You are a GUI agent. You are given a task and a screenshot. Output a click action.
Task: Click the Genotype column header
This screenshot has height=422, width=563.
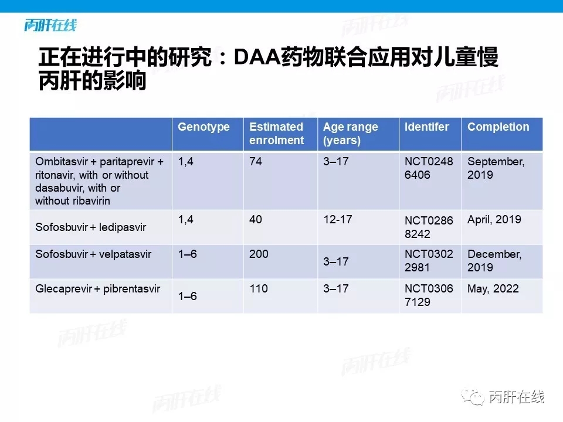click(x=204, y=127)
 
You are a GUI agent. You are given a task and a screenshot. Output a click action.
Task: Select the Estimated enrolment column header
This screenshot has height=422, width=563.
click(x=276, y=134)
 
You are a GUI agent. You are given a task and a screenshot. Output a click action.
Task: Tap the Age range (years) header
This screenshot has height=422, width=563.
click(x=351, y=134)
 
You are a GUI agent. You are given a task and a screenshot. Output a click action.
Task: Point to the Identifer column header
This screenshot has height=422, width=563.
click(x=426, y=127)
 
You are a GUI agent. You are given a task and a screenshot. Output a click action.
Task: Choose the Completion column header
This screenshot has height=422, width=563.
click(x=498, y=127)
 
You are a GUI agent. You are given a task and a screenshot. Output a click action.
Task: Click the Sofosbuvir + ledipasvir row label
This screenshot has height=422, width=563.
click(x=90, y=227)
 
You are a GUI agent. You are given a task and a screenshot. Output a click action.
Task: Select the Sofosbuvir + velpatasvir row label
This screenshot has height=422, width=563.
click(x=93, y=254)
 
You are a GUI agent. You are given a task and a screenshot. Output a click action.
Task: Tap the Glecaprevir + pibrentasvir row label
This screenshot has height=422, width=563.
click(x=98, y=289)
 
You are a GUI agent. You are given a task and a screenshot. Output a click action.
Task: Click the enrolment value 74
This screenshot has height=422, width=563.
click(x=255, y=162)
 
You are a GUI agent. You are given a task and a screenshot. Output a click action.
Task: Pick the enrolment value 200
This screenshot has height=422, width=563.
click(x=259, y=254)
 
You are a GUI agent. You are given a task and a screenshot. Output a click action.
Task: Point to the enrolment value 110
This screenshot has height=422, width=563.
click(x=259, y=289)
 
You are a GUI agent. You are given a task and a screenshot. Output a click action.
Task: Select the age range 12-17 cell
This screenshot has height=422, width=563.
click(x=338, y=220)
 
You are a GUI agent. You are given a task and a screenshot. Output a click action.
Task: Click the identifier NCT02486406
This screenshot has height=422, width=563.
click(x=429, y=168)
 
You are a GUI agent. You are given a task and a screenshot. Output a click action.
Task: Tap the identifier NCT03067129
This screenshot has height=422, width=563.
click(x=429, y=295)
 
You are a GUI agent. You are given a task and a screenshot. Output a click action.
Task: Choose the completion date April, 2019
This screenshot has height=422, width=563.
click(x=494, y=220)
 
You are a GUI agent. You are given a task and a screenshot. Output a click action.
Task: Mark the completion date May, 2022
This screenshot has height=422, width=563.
click(x=493, y=289)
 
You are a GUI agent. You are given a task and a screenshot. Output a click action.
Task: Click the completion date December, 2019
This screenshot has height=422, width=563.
click(x=494, y=261)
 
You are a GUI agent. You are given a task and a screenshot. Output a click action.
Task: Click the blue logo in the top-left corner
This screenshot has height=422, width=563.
click(x=50, y=25)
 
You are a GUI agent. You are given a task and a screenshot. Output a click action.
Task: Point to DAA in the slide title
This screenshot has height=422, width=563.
click(x=257, y=57)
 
